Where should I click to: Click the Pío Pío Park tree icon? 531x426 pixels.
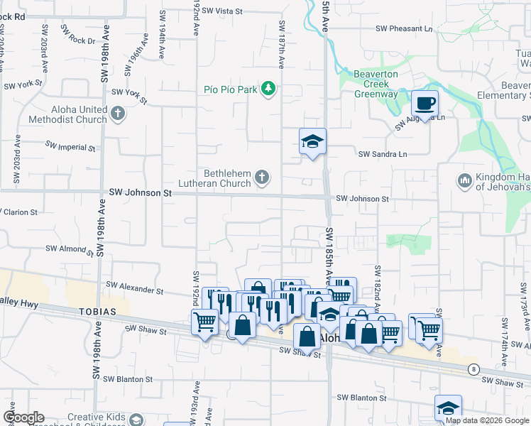point(268,89)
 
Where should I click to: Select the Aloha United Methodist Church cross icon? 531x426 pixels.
point(118,113)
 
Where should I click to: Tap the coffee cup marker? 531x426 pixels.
point(425,104)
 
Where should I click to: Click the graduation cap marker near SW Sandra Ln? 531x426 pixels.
point(312,141)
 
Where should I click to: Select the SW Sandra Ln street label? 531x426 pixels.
point(383,154)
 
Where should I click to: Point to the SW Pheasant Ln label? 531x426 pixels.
point(404,29)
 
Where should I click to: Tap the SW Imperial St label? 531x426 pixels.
point(70,146)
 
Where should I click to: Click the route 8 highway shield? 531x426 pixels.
point(473,368)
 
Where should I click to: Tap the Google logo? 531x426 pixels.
point(23,417)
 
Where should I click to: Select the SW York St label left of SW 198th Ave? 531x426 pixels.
point(24,85)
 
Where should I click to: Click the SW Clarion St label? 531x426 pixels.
point(21,212)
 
